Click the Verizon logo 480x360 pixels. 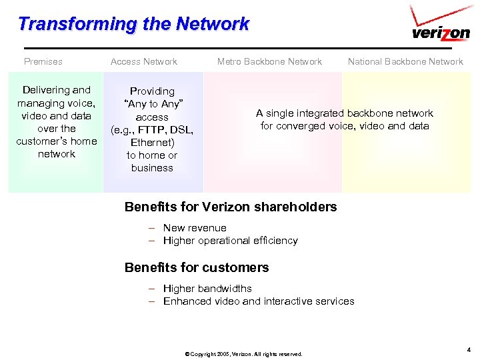pyautogui.click(x=441, y=29)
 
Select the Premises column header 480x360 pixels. pyautogui.click(x=43, y=61)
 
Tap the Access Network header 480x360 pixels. pyautogui.click(x=144, y=61)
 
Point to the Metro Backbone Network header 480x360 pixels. pyautogui.click(x=269, y=61)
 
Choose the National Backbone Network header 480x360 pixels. pyautogui.click(x=405, y=61)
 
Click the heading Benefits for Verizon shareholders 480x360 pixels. pyautogui.click(x=231, y=207)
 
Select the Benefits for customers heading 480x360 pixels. pyautogui.click(x=197, y=267)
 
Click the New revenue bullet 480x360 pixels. pyautogui.click(x=195, y=228)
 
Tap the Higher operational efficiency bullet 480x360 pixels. pyautogui.click(x=230, y=241)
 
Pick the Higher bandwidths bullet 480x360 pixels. pyautogui.click(x=207, y=289)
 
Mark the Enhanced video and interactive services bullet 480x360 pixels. pyautogui.click(x=259, y=301)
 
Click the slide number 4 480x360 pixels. pyautogui.click(x=469, y=349)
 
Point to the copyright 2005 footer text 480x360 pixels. pyautogui.click(x=243, y=354)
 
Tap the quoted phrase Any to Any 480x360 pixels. pyautogui.click(x=153, y=104)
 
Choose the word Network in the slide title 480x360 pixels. pyautogui.click(x=213, y=25)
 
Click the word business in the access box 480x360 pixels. pyautogui.click(x=152, y=168)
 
